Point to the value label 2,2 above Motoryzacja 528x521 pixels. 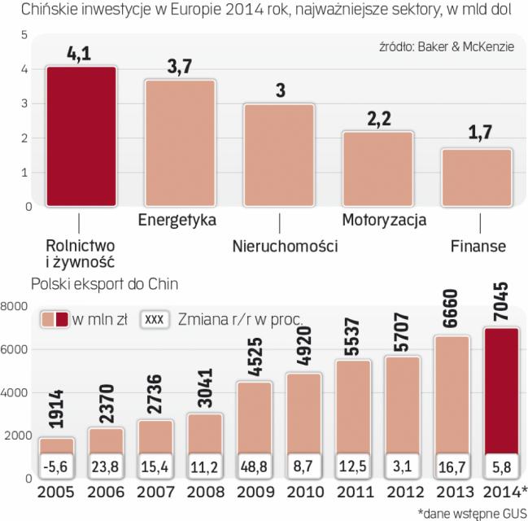(x=378, y=119)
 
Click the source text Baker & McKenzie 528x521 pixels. (x=466, y=47)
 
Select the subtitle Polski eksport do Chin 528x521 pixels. (x=105, y=284)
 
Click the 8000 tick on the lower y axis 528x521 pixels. (x=16, y=306)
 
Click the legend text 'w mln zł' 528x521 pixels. (x=102, y=319)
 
